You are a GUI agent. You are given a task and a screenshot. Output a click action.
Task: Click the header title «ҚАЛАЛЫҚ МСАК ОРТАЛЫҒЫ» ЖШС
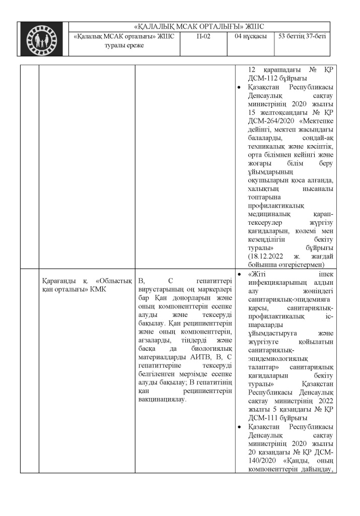(200, 27)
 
